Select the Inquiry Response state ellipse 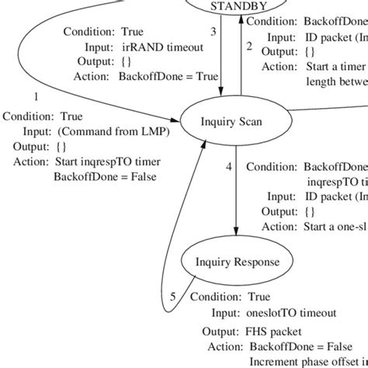tap(237, 262)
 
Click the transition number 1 tap(35, 96)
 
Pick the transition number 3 tap(214, 32)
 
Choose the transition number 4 tap(228, 167)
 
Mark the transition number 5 tap(173, 296)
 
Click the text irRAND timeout tap(163, 47)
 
